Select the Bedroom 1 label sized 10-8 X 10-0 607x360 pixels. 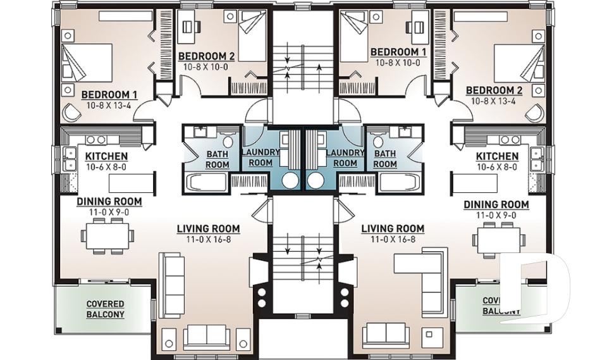coord(398,52)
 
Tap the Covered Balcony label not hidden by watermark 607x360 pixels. coord(105,309)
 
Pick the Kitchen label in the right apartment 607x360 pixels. coord(497,156)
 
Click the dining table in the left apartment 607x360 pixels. coord(107,236)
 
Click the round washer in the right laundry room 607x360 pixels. coord(316,180)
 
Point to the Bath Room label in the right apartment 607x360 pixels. coord(384,158)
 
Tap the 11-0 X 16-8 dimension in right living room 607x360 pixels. coord(392,239)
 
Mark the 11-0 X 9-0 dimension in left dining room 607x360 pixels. coord(109,212)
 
